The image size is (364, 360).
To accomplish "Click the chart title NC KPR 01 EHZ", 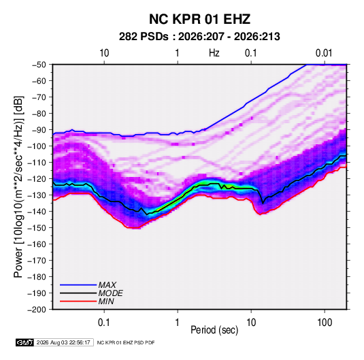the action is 199,19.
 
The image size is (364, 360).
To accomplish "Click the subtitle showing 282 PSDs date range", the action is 199,37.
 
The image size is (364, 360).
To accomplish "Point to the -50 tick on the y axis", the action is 39,65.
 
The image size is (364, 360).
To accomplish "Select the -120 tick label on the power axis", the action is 37,179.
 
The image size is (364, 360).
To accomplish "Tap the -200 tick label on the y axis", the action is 37,310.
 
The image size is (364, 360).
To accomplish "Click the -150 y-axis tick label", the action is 37,228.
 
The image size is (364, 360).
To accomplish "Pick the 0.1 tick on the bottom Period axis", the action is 104,322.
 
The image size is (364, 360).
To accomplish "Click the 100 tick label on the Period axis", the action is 325,322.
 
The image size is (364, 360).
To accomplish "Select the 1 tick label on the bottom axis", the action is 177,322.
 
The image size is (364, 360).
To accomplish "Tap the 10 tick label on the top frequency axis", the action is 104,53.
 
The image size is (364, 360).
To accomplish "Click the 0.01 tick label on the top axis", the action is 324,53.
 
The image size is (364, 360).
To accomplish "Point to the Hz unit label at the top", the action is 214,53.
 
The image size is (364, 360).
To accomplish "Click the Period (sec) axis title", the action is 214,330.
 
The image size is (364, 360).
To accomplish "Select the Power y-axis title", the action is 18,186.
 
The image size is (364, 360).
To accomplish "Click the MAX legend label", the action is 107,285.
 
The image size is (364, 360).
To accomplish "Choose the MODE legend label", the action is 110,293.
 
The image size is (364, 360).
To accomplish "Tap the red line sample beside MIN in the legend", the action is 78,301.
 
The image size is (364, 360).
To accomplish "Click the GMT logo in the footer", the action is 24,342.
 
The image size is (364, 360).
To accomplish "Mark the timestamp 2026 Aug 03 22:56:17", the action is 63,342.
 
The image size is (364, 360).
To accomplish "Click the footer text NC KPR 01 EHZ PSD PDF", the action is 126,342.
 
